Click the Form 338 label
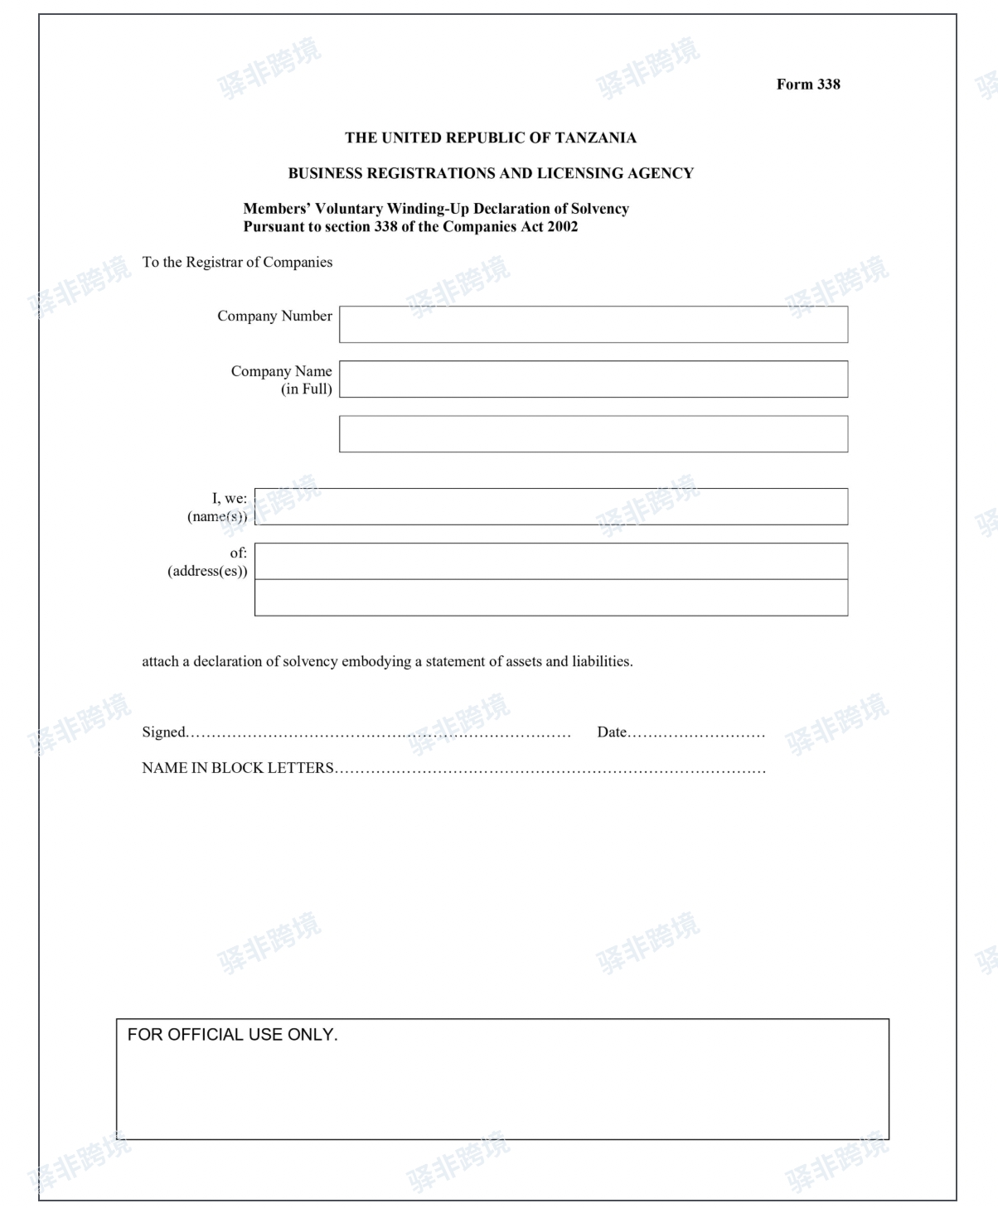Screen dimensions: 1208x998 (x=808, y=85)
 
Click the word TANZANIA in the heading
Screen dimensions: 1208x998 (x=596, y=138)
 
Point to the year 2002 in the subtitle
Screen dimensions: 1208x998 (x=562, y=227)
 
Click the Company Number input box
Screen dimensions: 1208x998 (x=593, y=325)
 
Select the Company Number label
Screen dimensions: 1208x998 (x=274, y=316)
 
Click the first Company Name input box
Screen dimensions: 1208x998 (x=593, y=379)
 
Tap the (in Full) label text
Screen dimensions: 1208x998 (x=306, y=389)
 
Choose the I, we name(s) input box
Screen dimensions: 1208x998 (x=551, y=506)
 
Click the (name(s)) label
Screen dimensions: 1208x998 (x=217, y=517)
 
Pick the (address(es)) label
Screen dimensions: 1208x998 (x=207, y=572)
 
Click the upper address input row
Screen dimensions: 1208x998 (x=551, y=561)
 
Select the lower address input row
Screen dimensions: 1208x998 (x=551, y=597)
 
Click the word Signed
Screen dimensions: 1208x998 (x=163, y=732)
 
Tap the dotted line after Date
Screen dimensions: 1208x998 (x=696, y=733)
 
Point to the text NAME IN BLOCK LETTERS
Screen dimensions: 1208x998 (x=238, y=768)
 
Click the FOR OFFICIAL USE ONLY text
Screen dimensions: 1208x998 (x=232, y=1035)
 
